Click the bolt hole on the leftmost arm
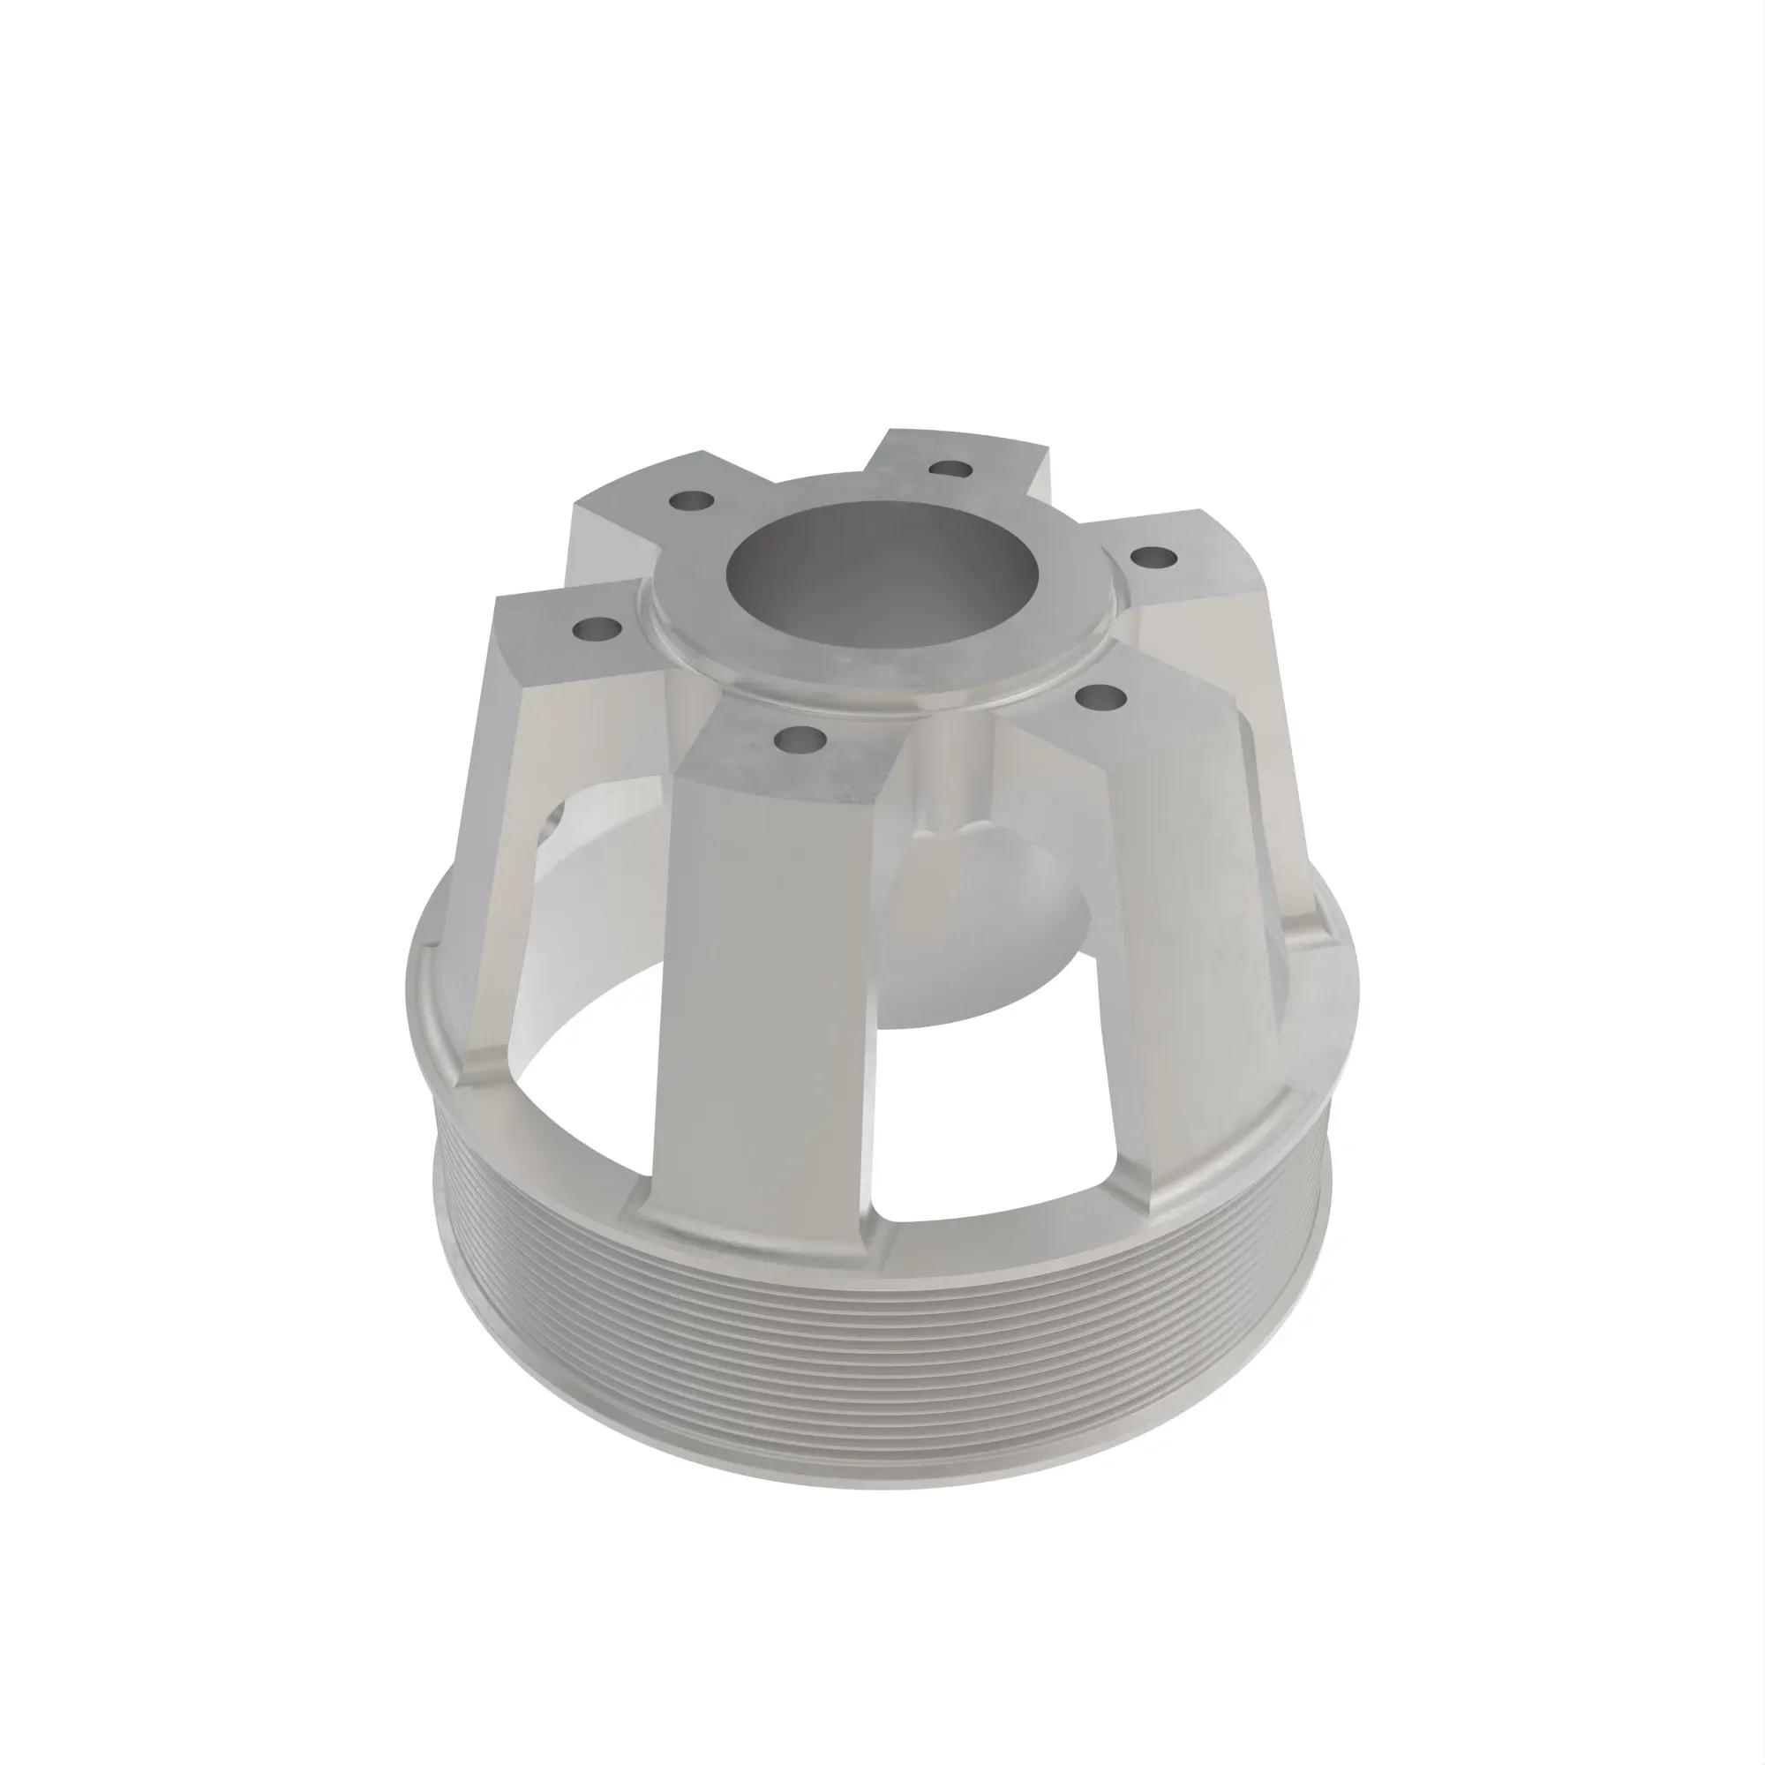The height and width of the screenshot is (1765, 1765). tap(598, 629)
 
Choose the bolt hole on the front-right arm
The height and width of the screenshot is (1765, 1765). tap(1101, 698)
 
